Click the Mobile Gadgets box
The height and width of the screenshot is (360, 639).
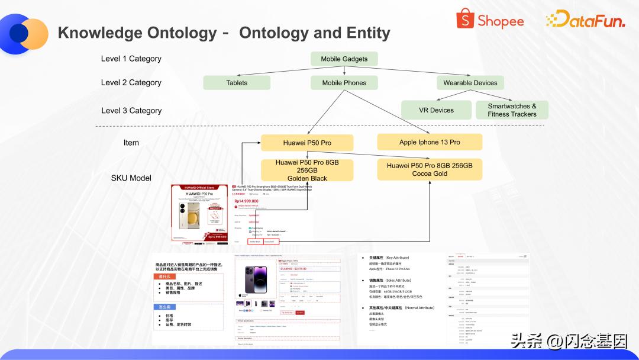pyautogui.click(x=344, y=59)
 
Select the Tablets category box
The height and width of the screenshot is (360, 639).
pyautogui.click(x=237, y=83)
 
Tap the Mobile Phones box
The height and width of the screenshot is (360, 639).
pyautogui.click(x=344, y=83)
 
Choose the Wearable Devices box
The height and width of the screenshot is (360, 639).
pyautogui.click(x=470, y=83)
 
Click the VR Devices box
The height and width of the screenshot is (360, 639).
pyautogui.click(x=437, y=110)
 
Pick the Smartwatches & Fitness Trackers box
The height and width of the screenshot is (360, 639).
pyautogui.click(x=512, y=110)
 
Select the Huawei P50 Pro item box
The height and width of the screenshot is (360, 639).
pyautogui.click(x=307, y=143)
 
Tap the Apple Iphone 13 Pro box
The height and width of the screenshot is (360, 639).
pyautogui.click(x=430, y=142)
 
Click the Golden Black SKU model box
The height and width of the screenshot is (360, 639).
pyautogui.click(x=307, y=170)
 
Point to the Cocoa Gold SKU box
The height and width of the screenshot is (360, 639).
pyautogui.click(x=430, y=169)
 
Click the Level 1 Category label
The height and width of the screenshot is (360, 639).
pyautogui.click(x=131, y=59)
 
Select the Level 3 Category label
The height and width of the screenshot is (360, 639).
pyautogui.click(x=131, y=110)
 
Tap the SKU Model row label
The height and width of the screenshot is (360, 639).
pyautogui.click(x=131, y=178)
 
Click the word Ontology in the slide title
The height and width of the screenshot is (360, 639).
pyautogui.click(x=177, y=33)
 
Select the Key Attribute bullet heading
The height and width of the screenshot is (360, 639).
pyautogui.click(x=389, y=258)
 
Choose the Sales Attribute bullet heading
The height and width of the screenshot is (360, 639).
pyautogui.click(x=390, y=280)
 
